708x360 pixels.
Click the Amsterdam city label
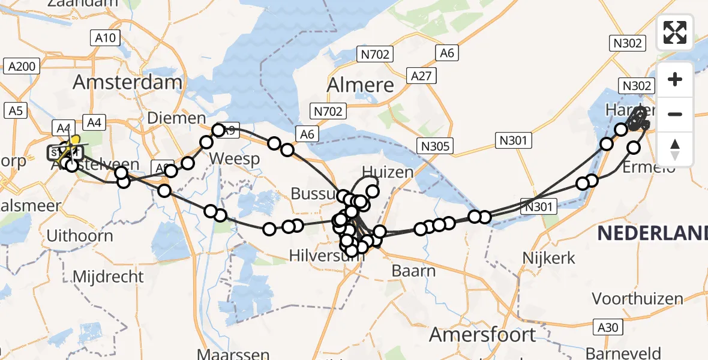click(128, 82)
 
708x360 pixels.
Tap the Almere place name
click(360, 85)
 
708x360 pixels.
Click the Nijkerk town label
click(548, 259)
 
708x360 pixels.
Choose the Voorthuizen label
click(637, 298)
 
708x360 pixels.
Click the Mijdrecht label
click(108, 277)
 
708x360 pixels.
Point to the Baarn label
click(413, 271)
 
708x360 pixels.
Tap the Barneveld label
click(624, 352)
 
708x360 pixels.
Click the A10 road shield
click(106, 38)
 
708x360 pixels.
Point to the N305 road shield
click(436, 146)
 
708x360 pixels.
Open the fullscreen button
click(674, 32)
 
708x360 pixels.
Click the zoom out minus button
click(675, 114)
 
